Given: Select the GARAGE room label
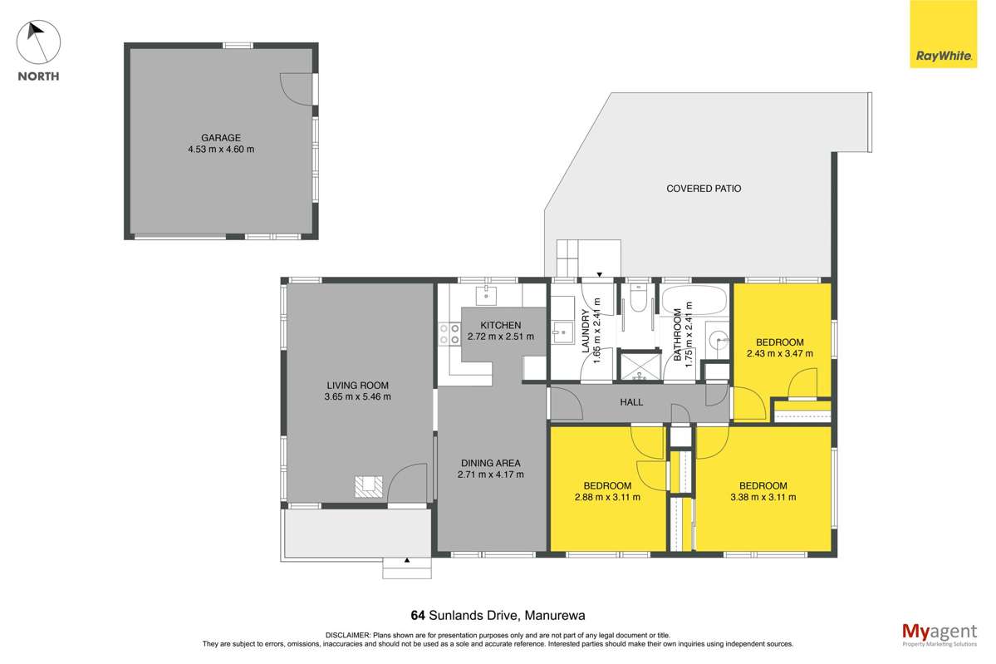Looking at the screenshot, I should pos(220,138).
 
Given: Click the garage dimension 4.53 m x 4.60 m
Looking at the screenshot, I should pos(220,150).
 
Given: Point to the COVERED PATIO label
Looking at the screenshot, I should pos(704,189).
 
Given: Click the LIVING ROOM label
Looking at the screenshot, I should pos(357,385).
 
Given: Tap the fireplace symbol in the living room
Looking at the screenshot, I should pos(368,486).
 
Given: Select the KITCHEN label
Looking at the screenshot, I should pos(500,325).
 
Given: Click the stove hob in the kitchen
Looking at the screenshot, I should pos(449,334).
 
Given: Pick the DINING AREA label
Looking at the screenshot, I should pos(490,463).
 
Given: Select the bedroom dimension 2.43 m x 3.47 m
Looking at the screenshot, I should pos(779,354).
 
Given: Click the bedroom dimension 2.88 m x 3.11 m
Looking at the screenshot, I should pos(606,497).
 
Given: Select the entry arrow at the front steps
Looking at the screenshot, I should pos(407,561).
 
